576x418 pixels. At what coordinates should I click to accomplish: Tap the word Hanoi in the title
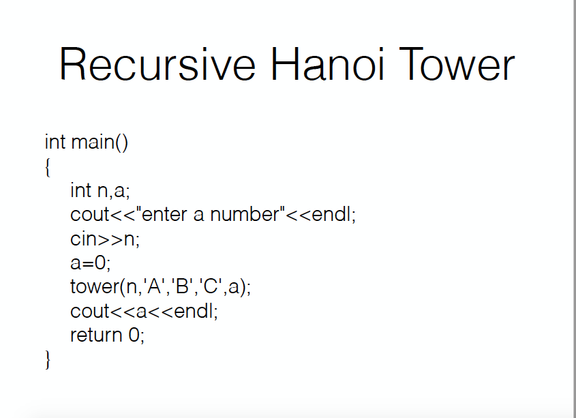tap(327, 63)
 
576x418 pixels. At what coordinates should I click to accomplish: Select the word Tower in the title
tap(457, 64)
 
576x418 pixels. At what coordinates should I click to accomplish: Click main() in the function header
tap(100, 142)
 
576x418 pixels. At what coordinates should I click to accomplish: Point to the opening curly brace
tap(48, 167)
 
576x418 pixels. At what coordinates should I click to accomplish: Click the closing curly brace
tap(48, 359)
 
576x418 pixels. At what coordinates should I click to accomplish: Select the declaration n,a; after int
tap(114, 191)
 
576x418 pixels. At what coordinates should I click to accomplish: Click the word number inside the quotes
tap(245, 214)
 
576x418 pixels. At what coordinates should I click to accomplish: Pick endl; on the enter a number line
tap(334, 214)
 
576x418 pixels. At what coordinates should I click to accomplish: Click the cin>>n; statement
tap(105, 239)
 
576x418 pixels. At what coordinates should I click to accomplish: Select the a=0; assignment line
tap(91, 263)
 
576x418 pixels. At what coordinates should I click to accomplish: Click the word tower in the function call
tap(95, 287)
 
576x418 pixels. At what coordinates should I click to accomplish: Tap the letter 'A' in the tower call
tap(153, 286)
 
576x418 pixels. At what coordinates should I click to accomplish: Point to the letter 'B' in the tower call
tap(182, 286)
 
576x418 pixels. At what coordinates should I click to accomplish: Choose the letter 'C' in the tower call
tap(211, 286)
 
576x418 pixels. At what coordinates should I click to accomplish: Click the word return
tap(96, 335)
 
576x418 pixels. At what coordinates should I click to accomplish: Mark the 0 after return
tap(134, 335)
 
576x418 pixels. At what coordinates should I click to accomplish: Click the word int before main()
tap(55, 142)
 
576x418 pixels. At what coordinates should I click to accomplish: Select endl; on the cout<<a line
tap(196, 311)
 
